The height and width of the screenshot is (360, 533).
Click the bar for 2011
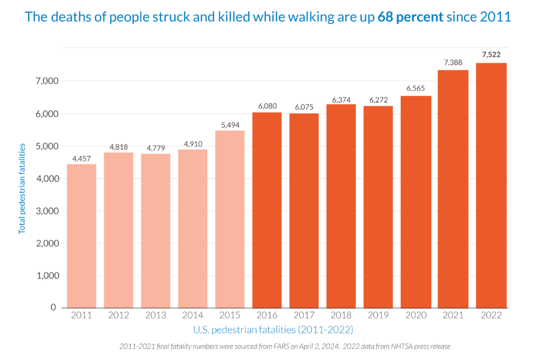click(x=81, y=235)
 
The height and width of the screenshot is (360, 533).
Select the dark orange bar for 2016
click(x=266, y=209)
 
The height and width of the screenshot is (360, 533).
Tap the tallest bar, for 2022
click(x=491, y=185)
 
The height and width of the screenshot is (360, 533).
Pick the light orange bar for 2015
click(x=230, y=219)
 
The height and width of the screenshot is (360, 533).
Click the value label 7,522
click(x=491, y=55)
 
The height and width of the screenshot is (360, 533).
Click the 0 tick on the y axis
click(x=53, y=307)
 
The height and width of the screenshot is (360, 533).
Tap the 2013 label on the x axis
click(x=156, y=316)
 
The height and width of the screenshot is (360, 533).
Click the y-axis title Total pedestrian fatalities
click(x=22, y=189)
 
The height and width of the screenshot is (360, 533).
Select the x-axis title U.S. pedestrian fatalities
click(x=273, y=330)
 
